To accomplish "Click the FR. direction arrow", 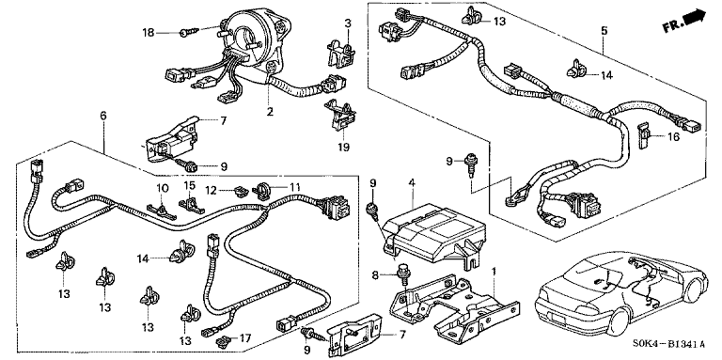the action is [x=695, y=18].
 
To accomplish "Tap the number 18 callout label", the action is [x=149, y=32].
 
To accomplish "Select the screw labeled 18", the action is [x=189, y=33].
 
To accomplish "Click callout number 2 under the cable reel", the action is [x=270, y=111].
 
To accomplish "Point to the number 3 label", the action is [x=348, y=23].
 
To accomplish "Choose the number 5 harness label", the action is [x=604, y=31].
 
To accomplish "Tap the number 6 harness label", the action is [x=103, y=115].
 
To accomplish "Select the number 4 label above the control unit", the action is [x=412, y=182].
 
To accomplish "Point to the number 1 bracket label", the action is [x=494, y=272].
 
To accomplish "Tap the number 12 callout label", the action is [x=211, y=190].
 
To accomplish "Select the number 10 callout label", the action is [x=162, y=188].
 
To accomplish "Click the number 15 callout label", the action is [x=190, y=184].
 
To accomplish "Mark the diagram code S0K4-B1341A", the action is [x=671, y=343].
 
